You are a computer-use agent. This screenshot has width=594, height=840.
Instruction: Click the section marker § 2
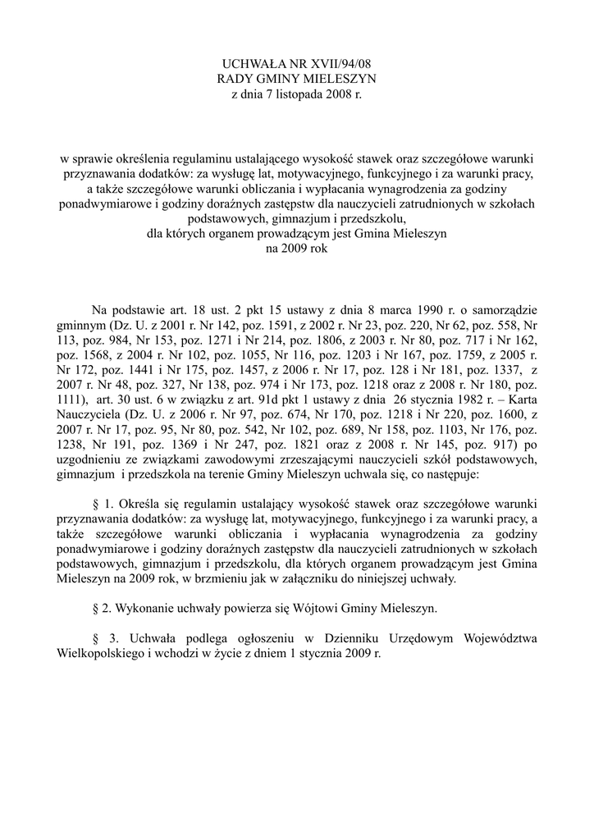tap(101, 609)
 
